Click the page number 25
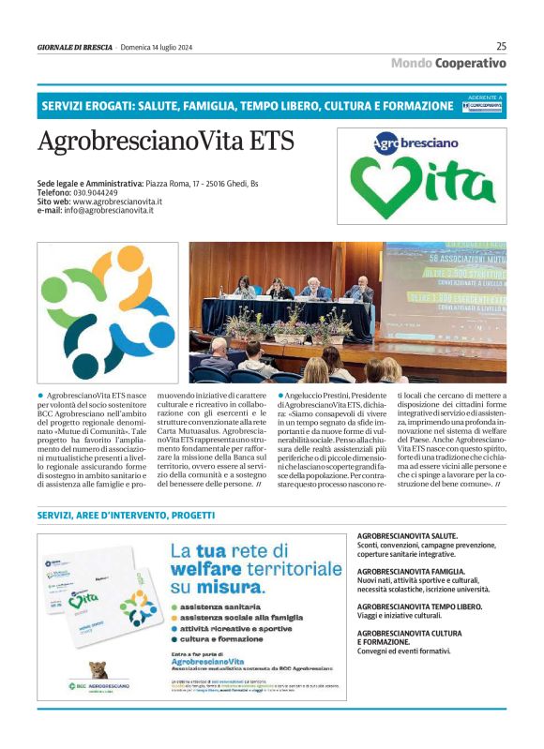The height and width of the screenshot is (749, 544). (501, 46)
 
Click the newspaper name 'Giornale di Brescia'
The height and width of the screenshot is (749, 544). (75, 47)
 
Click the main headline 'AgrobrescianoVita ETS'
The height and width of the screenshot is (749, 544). (166, 141)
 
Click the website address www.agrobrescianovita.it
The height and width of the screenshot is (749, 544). (117, 202)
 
